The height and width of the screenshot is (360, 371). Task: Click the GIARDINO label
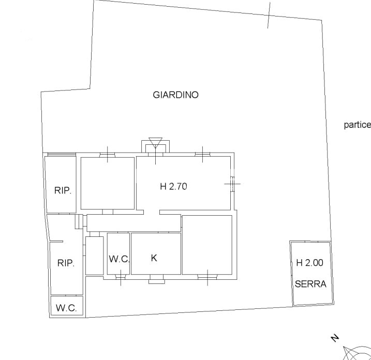[x=175, y=95]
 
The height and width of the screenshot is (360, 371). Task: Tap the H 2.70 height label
[x=173, y=186]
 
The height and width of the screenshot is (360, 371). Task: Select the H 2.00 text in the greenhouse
[x=310, y=263]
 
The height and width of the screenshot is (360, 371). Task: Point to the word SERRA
[x=310, y=283]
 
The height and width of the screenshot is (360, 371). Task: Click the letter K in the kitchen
[x=154, y=258]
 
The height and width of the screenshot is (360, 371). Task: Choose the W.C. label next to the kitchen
[x=119, y=259]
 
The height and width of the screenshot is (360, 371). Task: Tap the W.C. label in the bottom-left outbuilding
[x=66, y=308]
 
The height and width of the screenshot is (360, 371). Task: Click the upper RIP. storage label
[x=63, y=190]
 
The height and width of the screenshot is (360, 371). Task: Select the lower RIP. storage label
[x=66, y=263]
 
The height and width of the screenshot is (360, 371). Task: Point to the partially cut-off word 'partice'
[x=357, y=125]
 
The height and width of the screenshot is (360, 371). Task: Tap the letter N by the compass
[x=335, y=338]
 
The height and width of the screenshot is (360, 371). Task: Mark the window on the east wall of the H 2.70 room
[x=232, y=184]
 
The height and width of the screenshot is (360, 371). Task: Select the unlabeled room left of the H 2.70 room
[x=108, y=183]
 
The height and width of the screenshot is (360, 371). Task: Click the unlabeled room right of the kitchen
[x=207, y=245]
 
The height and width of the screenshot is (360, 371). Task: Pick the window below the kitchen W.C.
[x=121, y=277]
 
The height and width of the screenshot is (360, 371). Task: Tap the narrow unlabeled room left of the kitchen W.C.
[x=94, y=256]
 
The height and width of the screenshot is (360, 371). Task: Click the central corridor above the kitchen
[x=133, y=223]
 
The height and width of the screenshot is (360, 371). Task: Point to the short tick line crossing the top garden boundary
[x=269, y=15]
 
